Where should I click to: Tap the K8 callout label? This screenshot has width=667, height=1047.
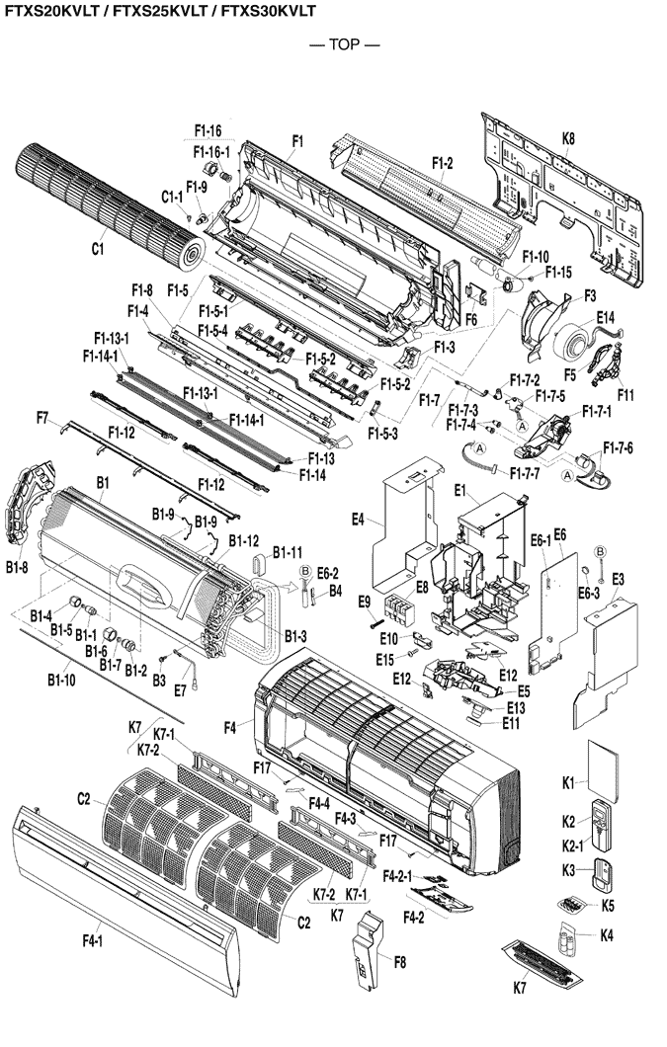[x=568, y=139]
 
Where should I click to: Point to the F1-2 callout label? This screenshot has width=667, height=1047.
[x=443, y=163]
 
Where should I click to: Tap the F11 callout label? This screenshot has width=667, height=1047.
[x=625, y=395]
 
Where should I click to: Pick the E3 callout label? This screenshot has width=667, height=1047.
[x=619, y=578]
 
